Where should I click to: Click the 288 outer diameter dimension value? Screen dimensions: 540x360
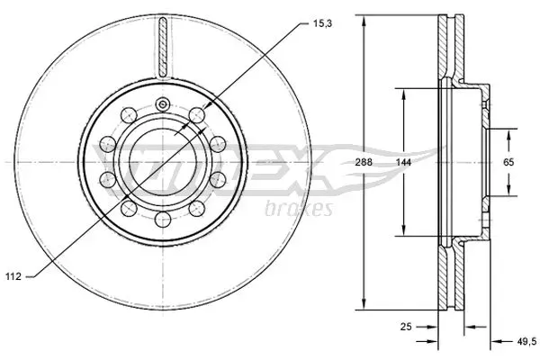tap(364, 162)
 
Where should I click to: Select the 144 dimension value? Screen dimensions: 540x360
tap(403, 162)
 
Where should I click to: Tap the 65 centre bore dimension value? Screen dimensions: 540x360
tap(508, 162)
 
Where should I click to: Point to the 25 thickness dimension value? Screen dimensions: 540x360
tap(406, 326)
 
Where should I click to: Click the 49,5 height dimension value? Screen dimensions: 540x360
tap(527, 341)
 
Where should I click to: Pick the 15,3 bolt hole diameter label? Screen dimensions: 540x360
tap(323, 23)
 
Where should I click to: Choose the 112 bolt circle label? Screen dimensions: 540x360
tap(13, 276)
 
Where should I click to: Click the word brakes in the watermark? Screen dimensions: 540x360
tap(299, 208)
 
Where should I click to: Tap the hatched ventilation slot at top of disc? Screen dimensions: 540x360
tap(163, 47)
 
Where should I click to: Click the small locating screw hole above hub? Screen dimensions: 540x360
tap(163, 104)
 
